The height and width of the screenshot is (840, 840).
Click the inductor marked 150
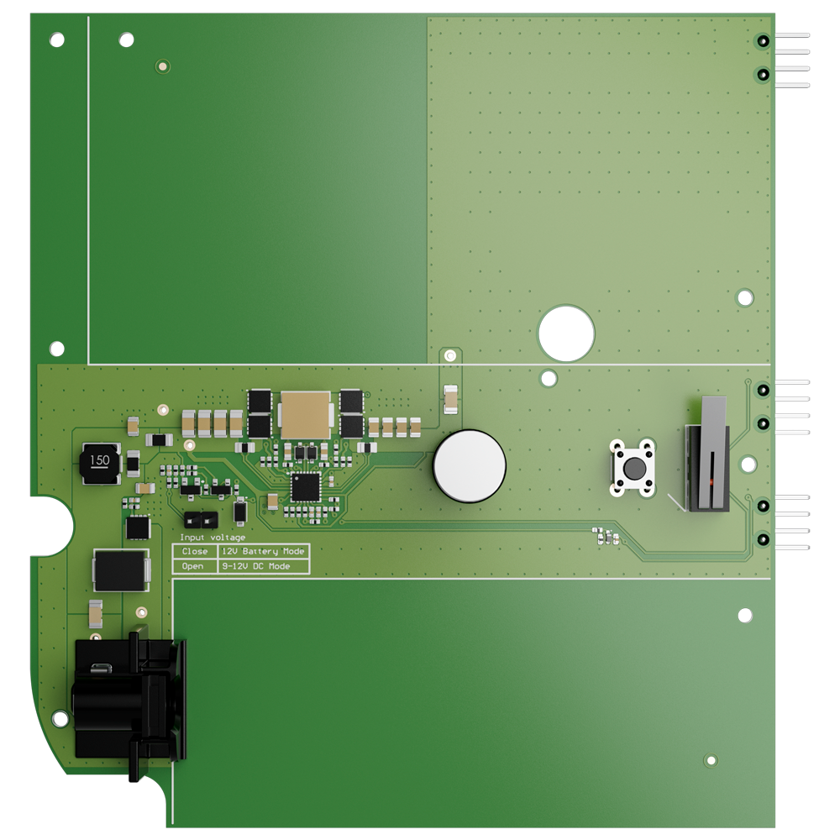(x=100, y=461)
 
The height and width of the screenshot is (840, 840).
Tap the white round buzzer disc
(x=470, y=466)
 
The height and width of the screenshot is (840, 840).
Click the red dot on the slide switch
(x=710, y=484)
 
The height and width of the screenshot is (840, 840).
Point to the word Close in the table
(x=194, y=552)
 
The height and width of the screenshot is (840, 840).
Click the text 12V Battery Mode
(x=263, y=552)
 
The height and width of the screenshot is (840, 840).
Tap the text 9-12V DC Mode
(x=256, y=567)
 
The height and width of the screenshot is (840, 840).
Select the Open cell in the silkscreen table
(x=193, y=567)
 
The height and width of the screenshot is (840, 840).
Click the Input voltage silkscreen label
(x=213, y=538)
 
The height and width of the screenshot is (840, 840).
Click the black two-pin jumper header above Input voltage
(x=199, y=520)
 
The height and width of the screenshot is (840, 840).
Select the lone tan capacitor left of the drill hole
(x=451, y=398)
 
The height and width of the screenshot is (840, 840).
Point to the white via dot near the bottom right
(x=712, y=761)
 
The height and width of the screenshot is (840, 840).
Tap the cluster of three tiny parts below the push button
(x=606, y=535)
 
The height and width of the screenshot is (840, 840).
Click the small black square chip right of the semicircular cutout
(x=138, y=528)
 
